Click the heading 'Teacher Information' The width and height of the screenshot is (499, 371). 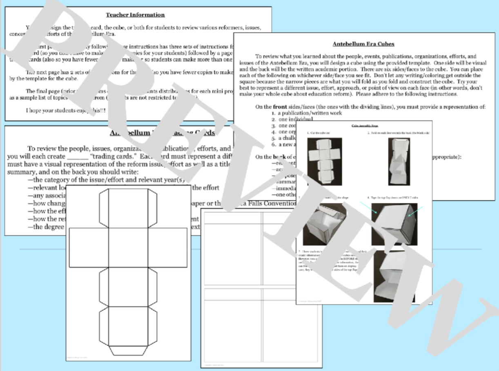[135, 15]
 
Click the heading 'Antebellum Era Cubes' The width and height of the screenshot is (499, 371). [363, 44]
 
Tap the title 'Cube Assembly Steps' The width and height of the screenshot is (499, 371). [365, 126]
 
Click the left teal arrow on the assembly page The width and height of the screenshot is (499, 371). [367, 206]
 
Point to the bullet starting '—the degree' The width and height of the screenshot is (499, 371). [45, 227]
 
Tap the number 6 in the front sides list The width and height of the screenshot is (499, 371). [273, 144]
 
